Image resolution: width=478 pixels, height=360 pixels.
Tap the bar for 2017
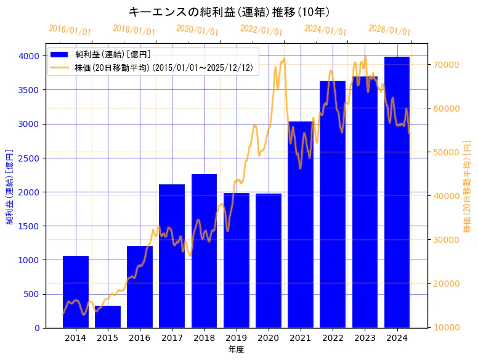(172, 256)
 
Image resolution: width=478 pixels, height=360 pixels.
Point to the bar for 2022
(333, 204)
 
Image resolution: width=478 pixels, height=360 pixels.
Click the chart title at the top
(229, 12)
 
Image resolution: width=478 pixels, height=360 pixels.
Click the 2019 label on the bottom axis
(236, 338)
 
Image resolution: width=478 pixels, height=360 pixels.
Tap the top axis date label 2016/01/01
(70, 30)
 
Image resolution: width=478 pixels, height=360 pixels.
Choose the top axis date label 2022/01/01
(261, 30)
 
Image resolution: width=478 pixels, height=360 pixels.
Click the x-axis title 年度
(236, 350)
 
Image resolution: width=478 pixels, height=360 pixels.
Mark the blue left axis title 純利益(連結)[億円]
(9, 186)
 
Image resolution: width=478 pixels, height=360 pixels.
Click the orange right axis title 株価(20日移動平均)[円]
(468, 186)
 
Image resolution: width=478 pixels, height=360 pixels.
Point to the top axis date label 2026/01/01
(389, 30)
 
